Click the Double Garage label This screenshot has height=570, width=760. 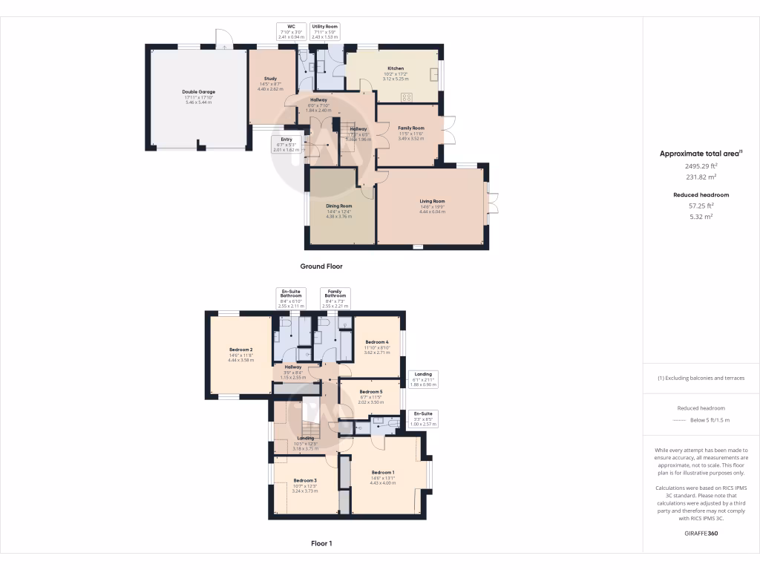pyautogui.click(x=198, y=92)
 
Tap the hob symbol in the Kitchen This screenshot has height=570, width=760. pyautogui.click(x=407, y=96)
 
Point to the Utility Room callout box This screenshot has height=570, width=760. pyautogui.click(x=324, y=30)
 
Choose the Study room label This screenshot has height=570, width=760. pyautogui.click(x=270, y=79)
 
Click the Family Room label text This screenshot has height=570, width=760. pyautogui.click(x=410, y=128)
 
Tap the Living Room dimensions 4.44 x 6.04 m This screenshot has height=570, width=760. pyautogui.click(x=432, y=212)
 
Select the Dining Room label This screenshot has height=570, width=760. pyautogui.click(x=338, y=206)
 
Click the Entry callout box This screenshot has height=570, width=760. pyautogui.click(x=286, y=144)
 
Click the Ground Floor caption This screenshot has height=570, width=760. pyautogui.click(x=321, y=266)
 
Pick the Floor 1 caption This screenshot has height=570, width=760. pyautogui.click(x=321, y=543)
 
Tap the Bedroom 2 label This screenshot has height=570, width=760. pyautogui.click(x=241, y=350)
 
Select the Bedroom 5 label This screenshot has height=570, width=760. pyautogui.click(x=371, y=392)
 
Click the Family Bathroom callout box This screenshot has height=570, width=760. pyautogui.click(x=335, y=297)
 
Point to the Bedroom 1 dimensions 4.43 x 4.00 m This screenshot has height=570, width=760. pyautogui.click(x=383, y=482)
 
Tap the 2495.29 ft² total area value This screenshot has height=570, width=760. pyautogui.click(x=701, y=167)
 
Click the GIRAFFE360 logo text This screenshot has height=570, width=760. pyautogui.click(x=701, y=534)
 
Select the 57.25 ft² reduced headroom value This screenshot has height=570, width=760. pyautogui.click(x=701, y=206)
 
